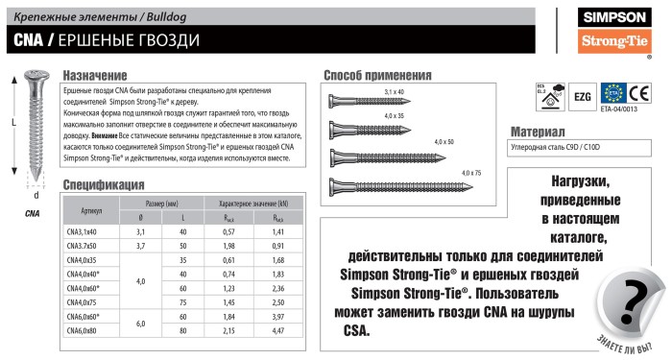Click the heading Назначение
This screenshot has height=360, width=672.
tap(94, 76)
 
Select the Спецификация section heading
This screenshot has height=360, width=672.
tap(104, 184)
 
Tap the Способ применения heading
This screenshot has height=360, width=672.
tap(377, 76)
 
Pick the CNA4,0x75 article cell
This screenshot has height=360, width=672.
tap(93, 301)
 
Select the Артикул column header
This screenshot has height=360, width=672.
tap(93, 209)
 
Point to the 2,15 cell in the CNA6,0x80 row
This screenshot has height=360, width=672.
tap(228, 330)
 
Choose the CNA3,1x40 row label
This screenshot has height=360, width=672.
tap(93, 231)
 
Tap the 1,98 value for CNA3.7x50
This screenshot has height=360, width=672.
tap(228, 246)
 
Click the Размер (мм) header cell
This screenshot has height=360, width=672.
tap(162, 204)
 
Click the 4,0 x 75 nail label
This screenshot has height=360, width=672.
tap(472, 172)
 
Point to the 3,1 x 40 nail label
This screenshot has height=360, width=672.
tap(395, 91)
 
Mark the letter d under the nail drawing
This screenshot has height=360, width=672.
tap(36, 195)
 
